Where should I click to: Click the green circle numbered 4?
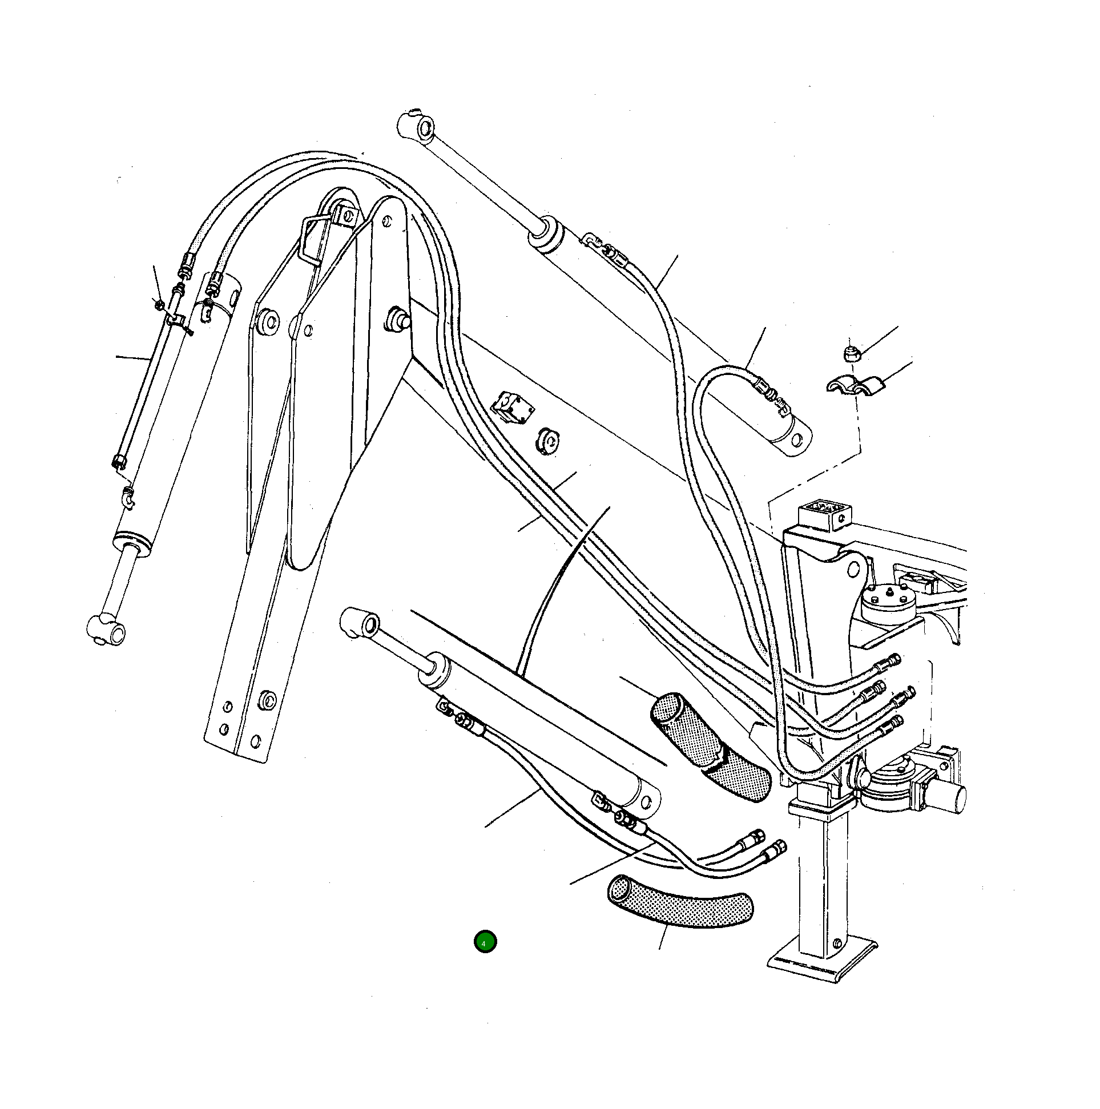click(x=485, y=942)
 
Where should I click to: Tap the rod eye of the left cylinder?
click(x=106, y=630)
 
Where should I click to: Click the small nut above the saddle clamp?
click(x=851, y=353)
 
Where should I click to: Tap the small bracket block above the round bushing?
click(x=513, y=406)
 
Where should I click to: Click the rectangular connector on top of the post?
click(x=824, y=512)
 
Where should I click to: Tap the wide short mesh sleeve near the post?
click(x=711, y=744)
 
